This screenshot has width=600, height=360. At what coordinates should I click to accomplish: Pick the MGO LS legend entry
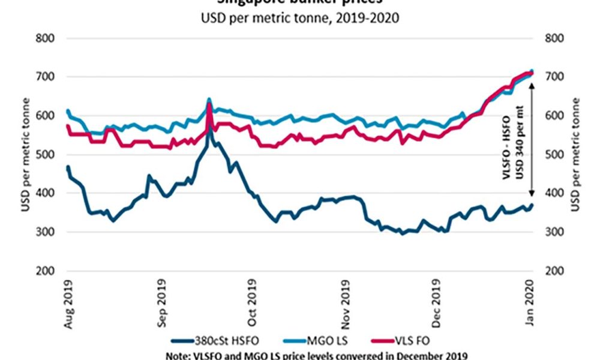point(321,340)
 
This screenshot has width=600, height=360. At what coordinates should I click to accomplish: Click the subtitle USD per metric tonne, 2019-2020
point(300,17)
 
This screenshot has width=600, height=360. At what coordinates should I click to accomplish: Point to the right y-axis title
point(578,155)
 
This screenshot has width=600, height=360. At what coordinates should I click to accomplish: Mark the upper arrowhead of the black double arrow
point(532,83)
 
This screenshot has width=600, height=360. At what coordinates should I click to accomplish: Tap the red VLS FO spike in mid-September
point(209,105)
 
